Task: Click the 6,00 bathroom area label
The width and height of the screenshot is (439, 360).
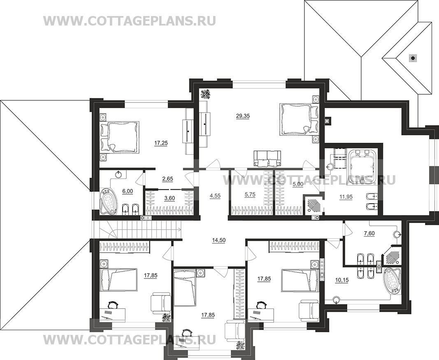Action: click(x=128, y=191)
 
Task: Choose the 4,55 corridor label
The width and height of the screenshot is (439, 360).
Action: click(x=214, y=196)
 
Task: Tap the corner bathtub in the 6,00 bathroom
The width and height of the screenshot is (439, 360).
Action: click(x=109, y=201)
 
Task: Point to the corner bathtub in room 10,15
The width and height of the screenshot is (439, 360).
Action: click(x=393, y=281)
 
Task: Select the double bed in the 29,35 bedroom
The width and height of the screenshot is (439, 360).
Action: click(x=296, y=118)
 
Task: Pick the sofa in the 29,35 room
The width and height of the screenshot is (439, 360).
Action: click(x=268, y=156)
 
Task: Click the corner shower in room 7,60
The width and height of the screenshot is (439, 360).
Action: click(x=394, y=255)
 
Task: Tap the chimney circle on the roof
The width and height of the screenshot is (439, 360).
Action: click(x=412, y=58)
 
